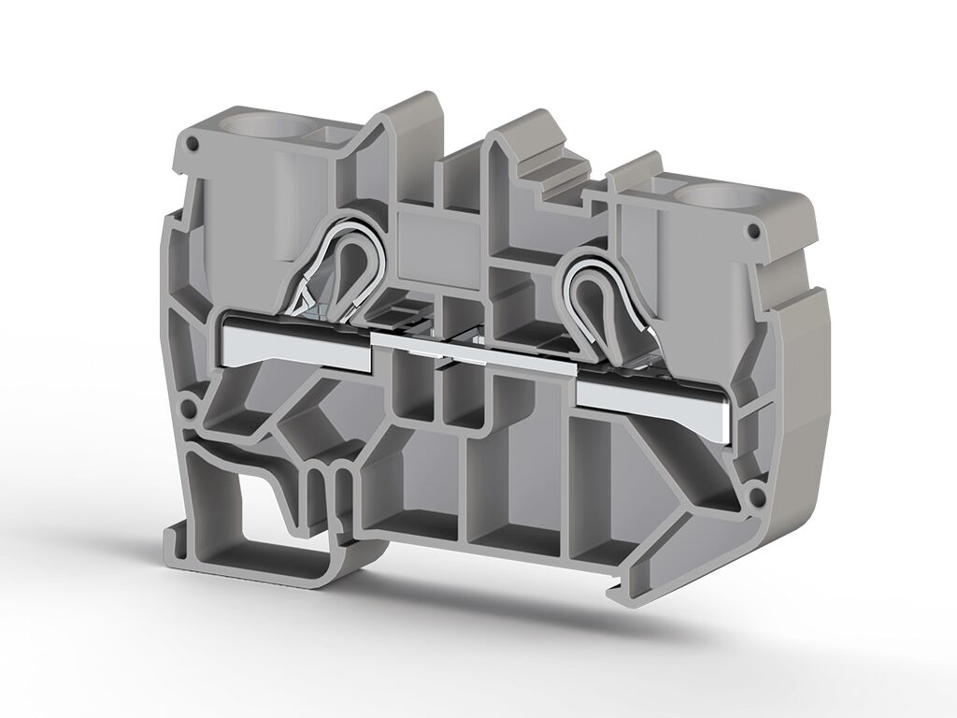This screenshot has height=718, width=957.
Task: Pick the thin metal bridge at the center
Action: coord(472,355)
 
